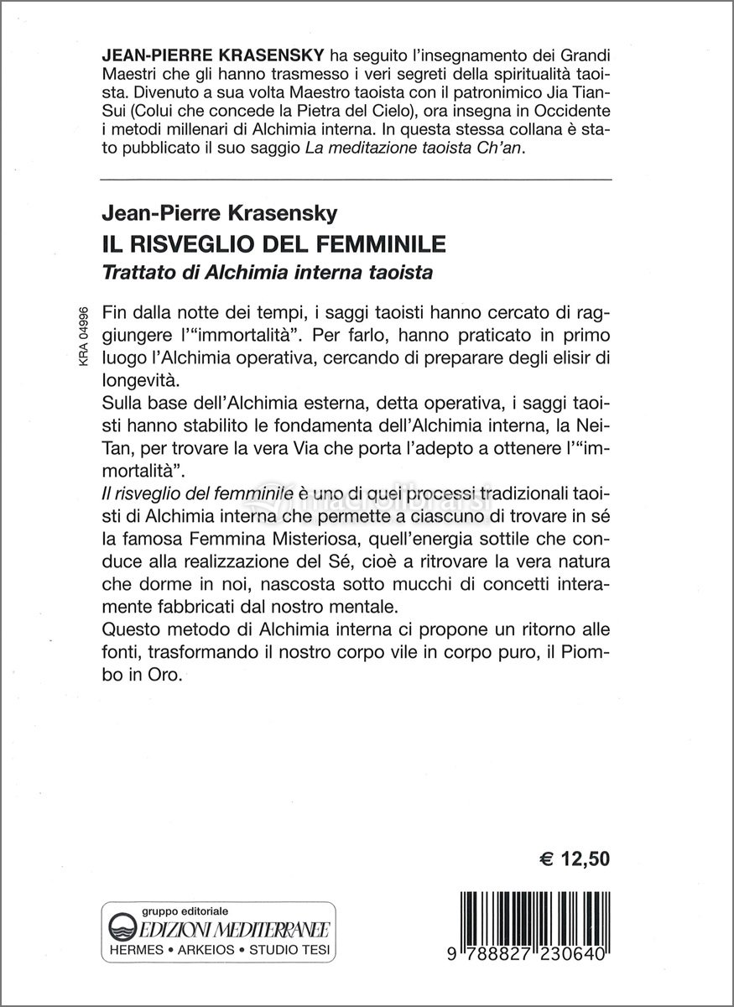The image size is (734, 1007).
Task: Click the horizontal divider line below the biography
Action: (356, 179)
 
